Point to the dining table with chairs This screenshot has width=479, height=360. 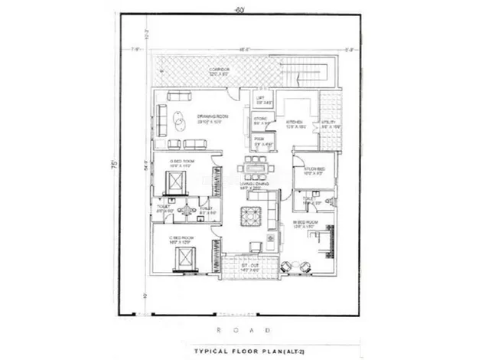click(x=253, y=165)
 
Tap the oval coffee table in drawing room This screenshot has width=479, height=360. click(x=177, y=119)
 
